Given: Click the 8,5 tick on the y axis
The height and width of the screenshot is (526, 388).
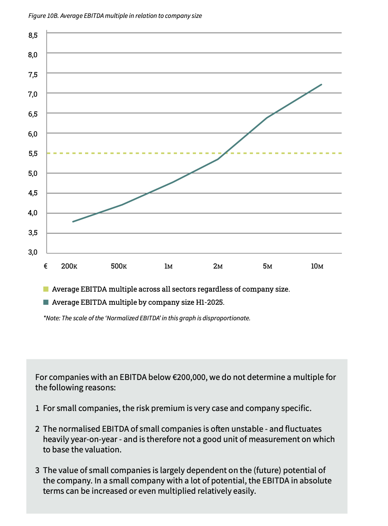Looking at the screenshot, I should coord(33,35).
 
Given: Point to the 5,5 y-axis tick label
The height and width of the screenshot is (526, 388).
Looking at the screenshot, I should coord(33,154).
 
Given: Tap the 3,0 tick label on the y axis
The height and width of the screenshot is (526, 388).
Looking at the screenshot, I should coord(33,252).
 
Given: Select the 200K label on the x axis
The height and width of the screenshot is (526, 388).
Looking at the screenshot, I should coord(69,266).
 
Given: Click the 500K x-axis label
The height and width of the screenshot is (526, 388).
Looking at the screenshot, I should coord(119,266).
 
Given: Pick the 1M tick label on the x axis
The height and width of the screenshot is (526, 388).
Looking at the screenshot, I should coord(169,266).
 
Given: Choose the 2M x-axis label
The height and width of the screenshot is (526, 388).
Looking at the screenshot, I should coord(218,266).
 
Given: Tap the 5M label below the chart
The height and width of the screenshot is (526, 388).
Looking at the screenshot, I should coord(268,266).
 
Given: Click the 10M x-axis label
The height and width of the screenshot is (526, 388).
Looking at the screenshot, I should coord(317,266).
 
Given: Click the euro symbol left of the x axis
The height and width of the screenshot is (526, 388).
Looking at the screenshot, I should coord(46,266).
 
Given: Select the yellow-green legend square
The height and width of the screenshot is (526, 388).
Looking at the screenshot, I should coord(46,289).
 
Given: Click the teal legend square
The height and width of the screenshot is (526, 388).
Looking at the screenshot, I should coord(46,302).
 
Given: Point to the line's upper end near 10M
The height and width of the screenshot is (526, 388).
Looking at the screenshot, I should coord(321,84).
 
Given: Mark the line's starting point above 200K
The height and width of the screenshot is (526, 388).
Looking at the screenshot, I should coord(73,222).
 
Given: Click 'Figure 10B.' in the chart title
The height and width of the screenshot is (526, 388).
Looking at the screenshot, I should coord(43,16).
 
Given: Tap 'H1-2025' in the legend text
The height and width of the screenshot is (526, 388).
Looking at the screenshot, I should coord(210,302).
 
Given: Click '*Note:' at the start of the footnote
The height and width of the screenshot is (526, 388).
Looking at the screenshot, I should coord(52,318).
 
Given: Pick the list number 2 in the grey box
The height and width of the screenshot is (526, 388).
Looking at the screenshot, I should coord(37,429).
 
